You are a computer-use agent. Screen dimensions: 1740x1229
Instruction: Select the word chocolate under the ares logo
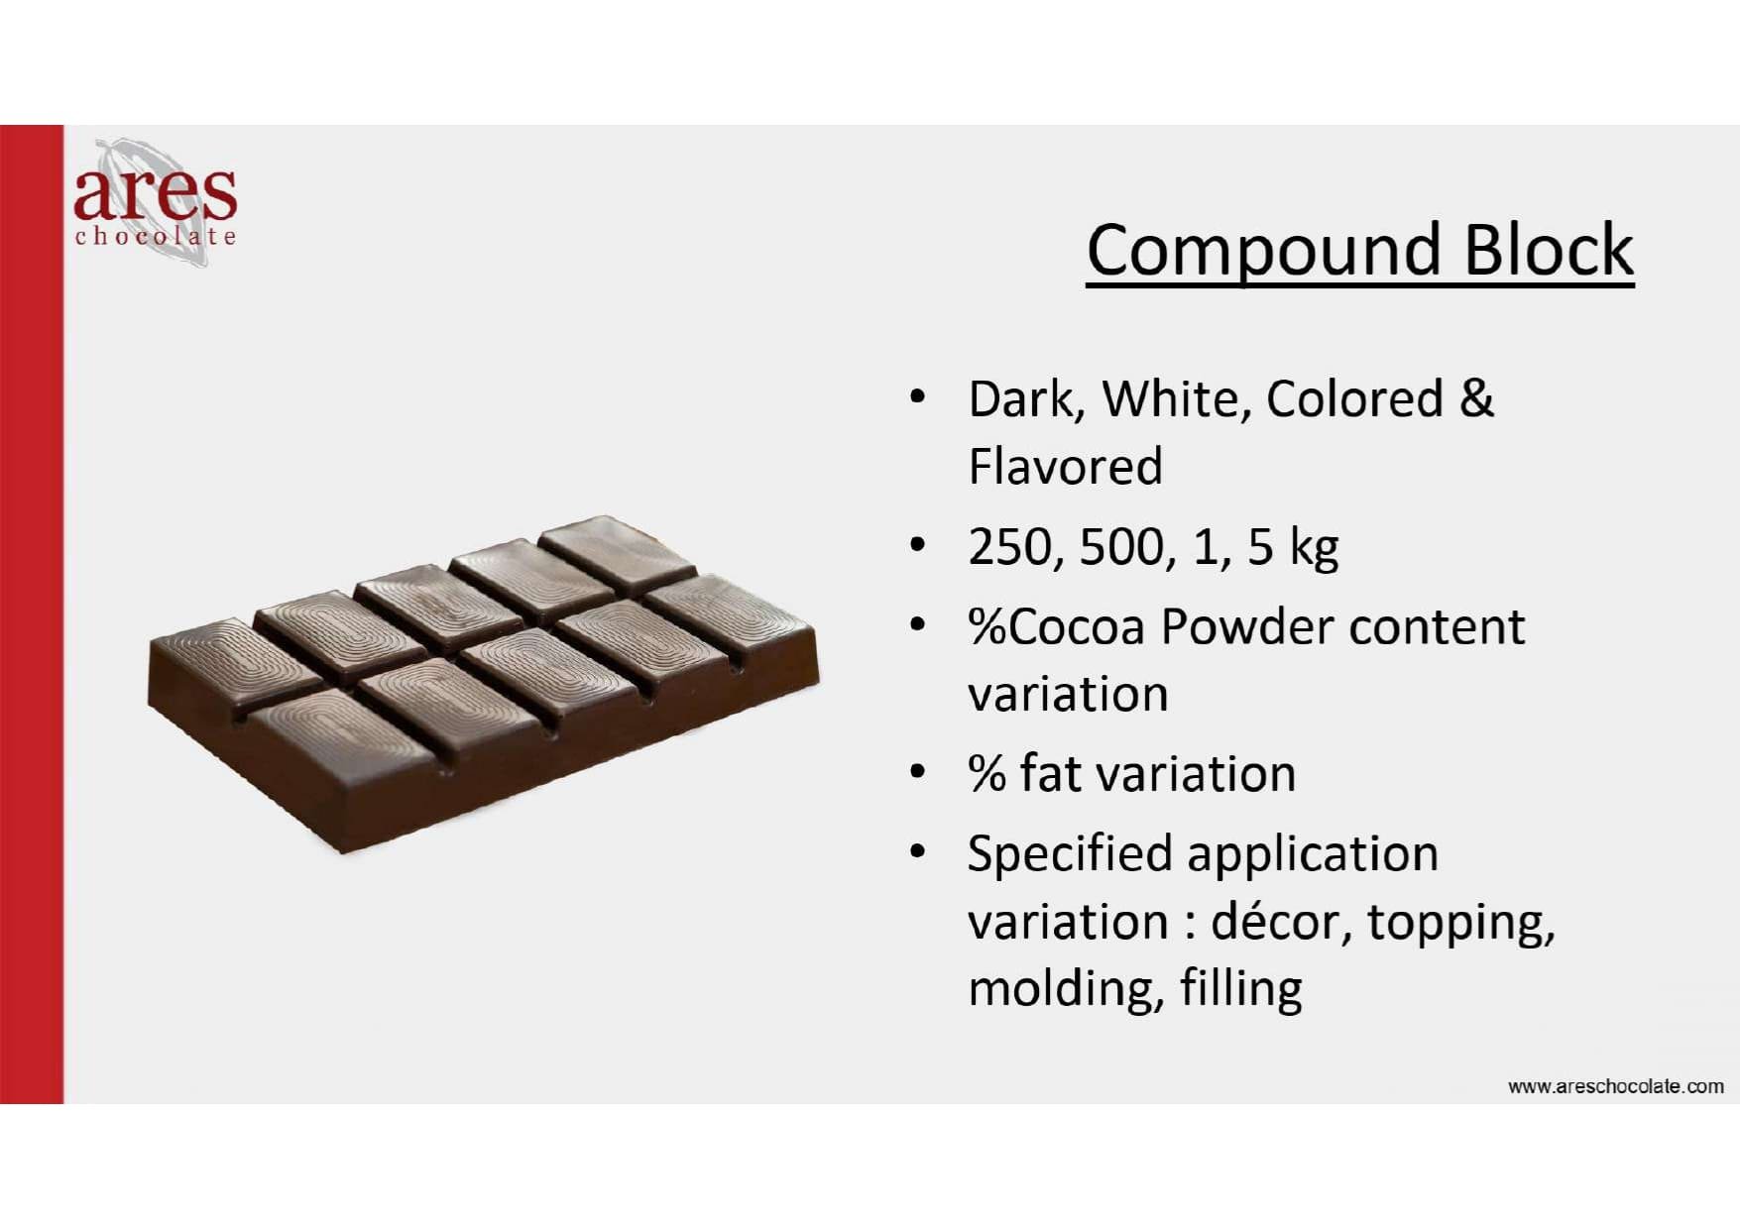point(156,236)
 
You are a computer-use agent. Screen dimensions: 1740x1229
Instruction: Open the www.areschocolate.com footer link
point(1615,1086)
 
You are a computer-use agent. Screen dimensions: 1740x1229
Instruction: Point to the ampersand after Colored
point(1475,398)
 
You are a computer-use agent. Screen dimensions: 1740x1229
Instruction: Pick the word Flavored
point(1065,466)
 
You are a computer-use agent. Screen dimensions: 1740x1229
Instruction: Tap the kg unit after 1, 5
point(1313,547)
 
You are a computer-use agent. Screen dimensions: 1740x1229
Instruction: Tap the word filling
point(1240,990)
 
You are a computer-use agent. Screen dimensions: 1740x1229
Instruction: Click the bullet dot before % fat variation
point(917,772)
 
